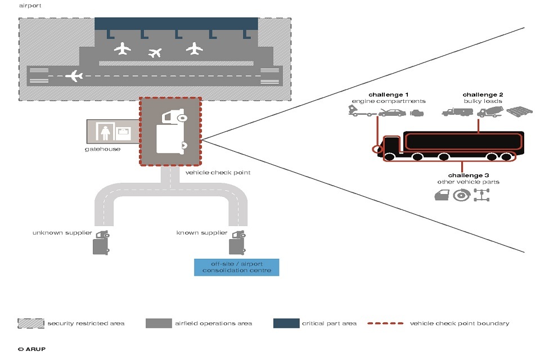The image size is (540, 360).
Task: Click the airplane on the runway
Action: tap(74, 75)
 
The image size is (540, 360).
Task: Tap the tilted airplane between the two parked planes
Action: tap(155, 53)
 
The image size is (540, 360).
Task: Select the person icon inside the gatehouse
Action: tap(105, 131)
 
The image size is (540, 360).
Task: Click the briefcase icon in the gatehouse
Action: tap(123, 133)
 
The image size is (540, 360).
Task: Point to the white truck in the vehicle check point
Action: tap(172, 132)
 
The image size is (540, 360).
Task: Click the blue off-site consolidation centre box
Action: tap(236, 267)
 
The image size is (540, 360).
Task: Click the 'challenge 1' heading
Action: tap(389, 94)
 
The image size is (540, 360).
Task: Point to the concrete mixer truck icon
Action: tap(489, 112)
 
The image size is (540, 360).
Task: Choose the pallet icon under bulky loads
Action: tap(519, 112)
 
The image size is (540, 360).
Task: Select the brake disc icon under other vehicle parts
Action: tap(461, 195)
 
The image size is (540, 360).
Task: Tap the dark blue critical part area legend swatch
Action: tap(285, 323)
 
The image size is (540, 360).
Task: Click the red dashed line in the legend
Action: tap(386, 323)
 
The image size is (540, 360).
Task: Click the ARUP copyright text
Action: tap(31, 349)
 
